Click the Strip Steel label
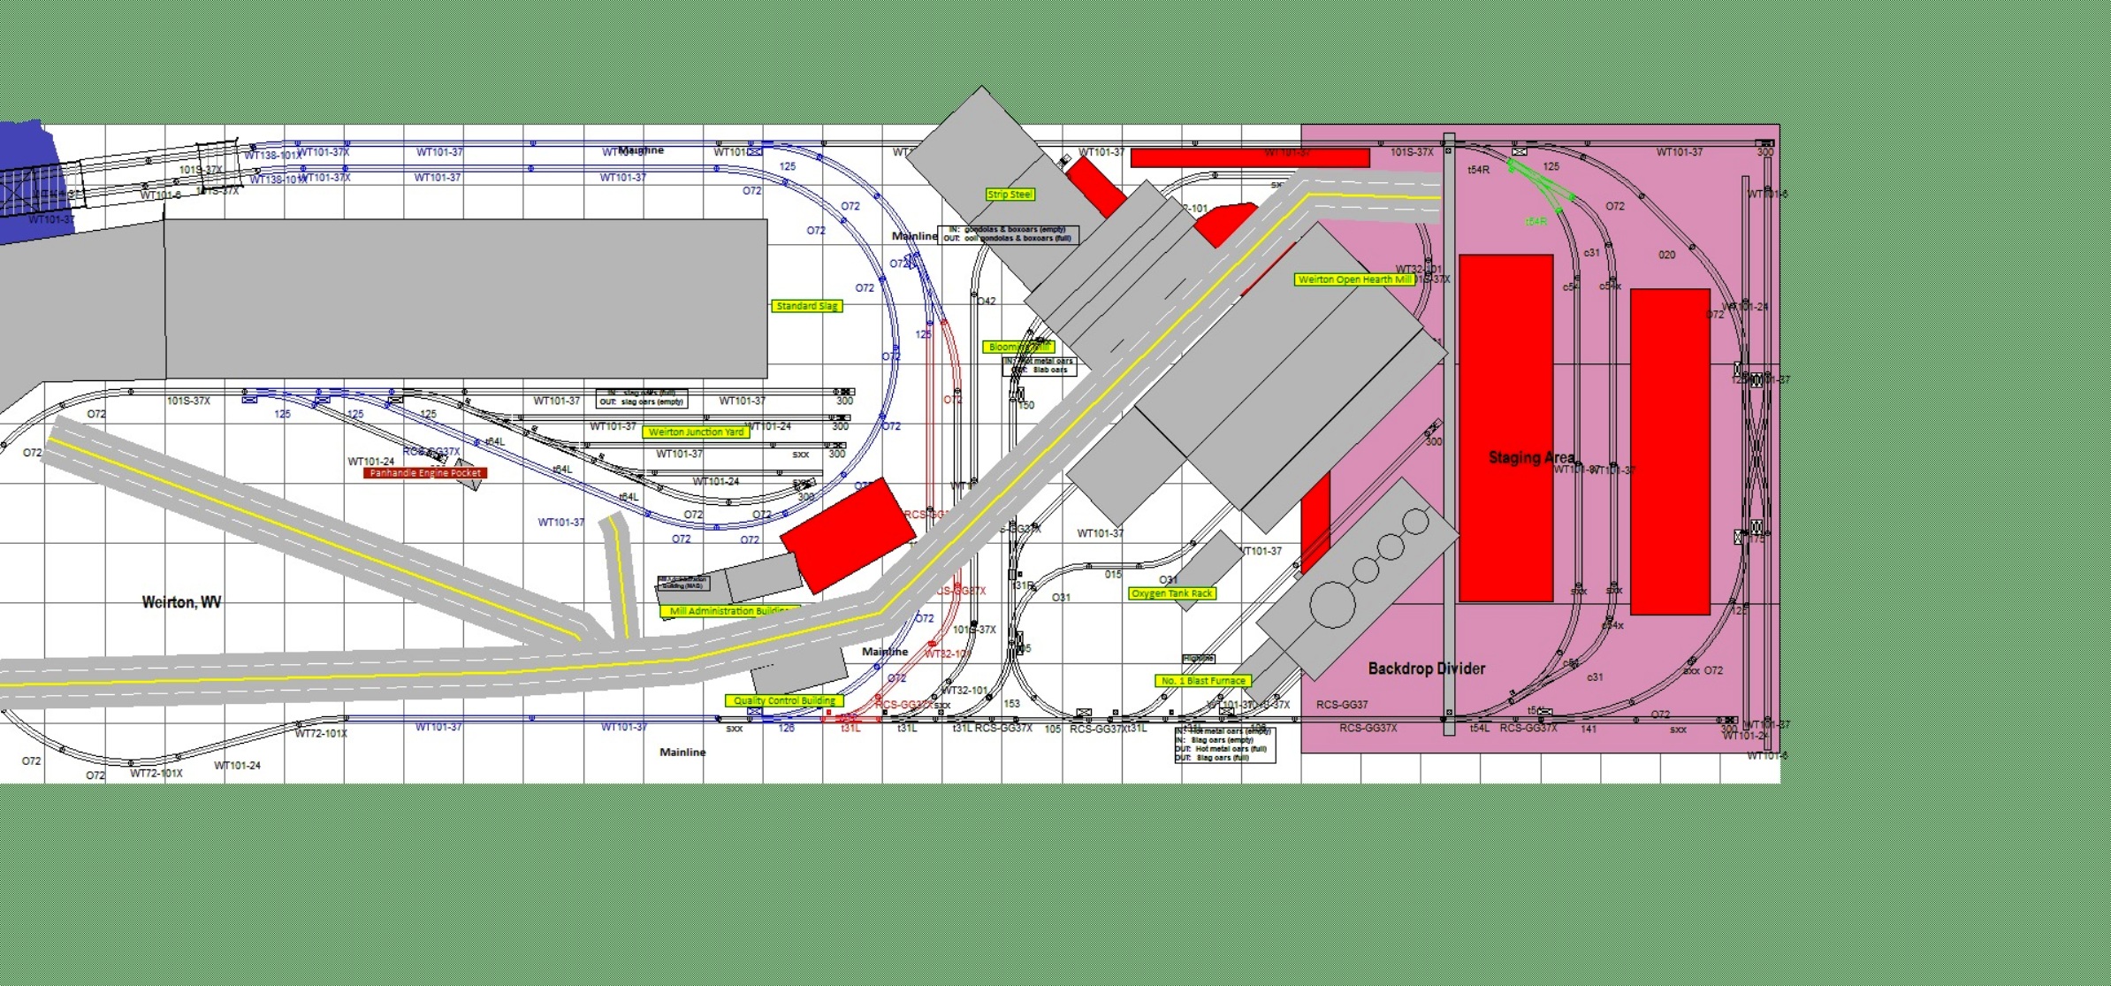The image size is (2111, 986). tap(1010, 195)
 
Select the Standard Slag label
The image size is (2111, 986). tap(806, 306)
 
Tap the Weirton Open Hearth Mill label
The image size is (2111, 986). tap(1354, 279)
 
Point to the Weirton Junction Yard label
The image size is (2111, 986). tap(696, 432)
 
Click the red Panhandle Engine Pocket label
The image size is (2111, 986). tap(425, 473)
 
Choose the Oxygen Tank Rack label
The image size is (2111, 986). tap(1172, 593)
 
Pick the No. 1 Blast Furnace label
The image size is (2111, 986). tap(1202, 681)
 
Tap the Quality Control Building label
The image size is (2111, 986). tap(783, 700)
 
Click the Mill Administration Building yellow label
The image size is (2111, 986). tap(728, 611)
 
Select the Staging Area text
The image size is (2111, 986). tap(1531, 457)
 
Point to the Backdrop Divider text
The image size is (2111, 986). tap(1427, 669)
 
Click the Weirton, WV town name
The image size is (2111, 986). tap(181, 602)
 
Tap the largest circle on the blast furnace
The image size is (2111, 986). tap(1333, 606)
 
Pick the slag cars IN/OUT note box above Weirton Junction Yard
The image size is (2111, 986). tap(641, 398)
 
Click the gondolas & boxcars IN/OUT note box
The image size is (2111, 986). tap(1008, 234)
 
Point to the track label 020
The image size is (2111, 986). tap(1666, 255)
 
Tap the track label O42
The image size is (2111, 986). tap(987, 302)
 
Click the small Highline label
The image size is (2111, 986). tap(1199, 659)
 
